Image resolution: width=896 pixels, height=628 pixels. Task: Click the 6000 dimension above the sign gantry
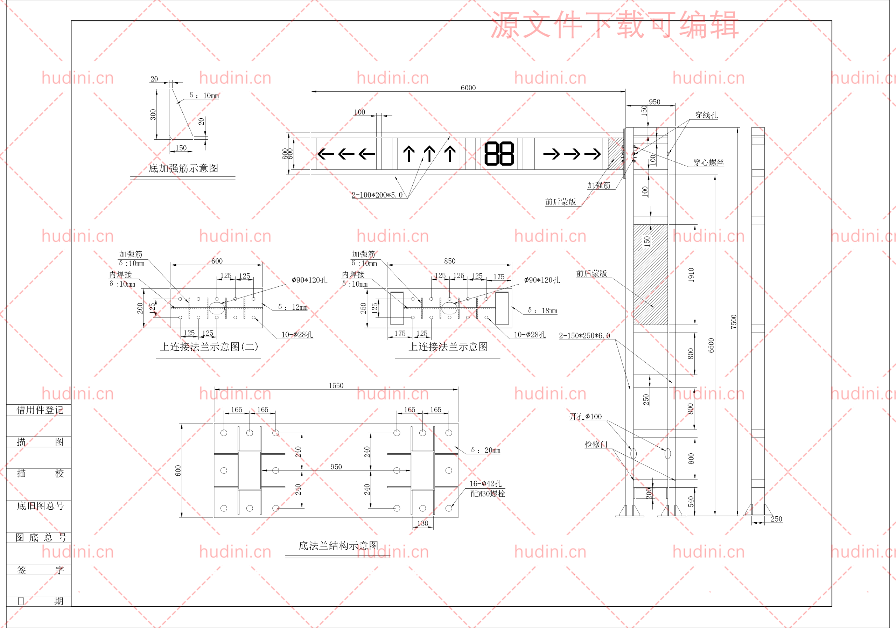(468, 88)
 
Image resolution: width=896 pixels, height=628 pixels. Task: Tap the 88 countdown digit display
(499, 154)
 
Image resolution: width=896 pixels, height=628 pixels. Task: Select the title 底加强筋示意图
(183, 168)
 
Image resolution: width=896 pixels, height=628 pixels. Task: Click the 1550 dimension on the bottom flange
(336, 386)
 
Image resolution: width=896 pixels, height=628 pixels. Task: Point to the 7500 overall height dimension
(734, 322)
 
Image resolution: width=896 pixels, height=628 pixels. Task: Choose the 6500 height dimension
(711, 346)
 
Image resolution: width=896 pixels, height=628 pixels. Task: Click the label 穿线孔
(706, 115)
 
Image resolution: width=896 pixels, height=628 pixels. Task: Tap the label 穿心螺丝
(708, 162)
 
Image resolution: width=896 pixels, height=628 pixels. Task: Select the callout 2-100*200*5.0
(377, 195)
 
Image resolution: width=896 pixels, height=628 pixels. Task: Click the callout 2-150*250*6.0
(584, 336)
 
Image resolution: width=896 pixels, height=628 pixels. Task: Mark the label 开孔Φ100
(585, 417)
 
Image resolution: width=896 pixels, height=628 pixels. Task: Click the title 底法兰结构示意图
(338, 546)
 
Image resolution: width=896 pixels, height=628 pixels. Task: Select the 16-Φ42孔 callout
(485, 483)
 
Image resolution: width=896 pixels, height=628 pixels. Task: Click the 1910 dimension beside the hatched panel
(691, 275)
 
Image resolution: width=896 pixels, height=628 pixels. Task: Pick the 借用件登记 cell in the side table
(40, 410)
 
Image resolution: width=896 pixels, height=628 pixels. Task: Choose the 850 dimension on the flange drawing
(449, 261)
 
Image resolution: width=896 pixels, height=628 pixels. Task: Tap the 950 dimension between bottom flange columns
(336, 467)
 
